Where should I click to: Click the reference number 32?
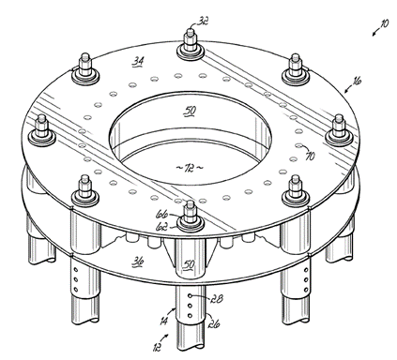point(203,21)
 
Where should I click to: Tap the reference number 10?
point(384,23)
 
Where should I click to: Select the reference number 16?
point(357,81)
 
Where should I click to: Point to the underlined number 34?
point(138,61)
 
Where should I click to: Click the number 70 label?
point(310,156)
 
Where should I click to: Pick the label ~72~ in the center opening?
point(190,168)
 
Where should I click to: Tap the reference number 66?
point(161,215)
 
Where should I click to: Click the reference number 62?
point(161,227)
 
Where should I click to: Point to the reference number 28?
point(218,299)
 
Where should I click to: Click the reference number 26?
point(213,323)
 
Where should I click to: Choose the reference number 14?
point(163,321)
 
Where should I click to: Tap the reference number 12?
point(157,347)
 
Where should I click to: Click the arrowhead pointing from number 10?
point(374,34)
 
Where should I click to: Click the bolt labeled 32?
point(190,44)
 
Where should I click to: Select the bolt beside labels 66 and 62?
point(190,217)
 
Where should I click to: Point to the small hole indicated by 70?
point(298,145)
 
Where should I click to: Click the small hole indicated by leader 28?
point(190,295)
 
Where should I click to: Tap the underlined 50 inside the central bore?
point(191,111)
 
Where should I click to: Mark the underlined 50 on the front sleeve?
point(189,264)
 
